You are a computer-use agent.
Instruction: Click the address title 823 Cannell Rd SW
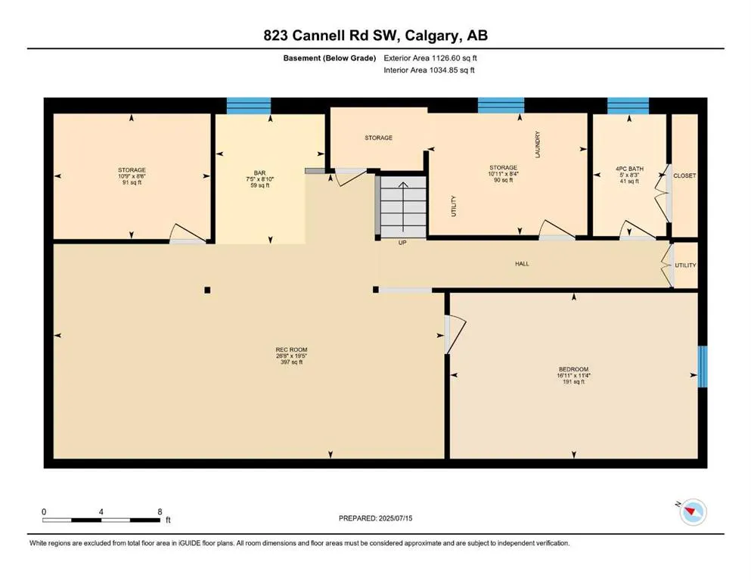pyautogui.click(x=375, y=36)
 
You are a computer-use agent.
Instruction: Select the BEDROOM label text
pyautogui.click(x=573, y=369)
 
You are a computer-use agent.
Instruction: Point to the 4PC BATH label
pyautogui.click(x=628, y=169)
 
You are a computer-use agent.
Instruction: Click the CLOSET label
pyautogui.click(x=684, y=176)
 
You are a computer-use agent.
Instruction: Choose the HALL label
pyautogui.click(x=522, y=264)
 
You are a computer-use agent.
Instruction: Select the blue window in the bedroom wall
pyautogui.click(x=703, y=367)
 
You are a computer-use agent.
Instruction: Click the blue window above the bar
pyautogui.click(x=249, y=105)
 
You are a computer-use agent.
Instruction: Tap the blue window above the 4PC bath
pyautogui.click(x=628, y=105)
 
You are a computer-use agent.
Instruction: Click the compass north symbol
pyautogui.click(x=692, y=512)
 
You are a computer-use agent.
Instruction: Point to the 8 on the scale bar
pyautogui.click(x=160, y=511)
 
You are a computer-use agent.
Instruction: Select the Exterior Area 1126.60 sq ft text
pyautogui.click(x=429, y=57)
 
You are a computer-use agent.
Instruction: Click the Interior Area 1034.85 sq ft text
pyautogui.click(x=429, y=70)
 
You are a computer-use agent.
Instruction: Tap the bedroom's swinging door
pyautogui.click(x=455, y=333)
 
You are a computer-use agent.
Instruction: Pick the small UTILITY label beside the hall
pyautogui.click(x=685, y=266)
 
